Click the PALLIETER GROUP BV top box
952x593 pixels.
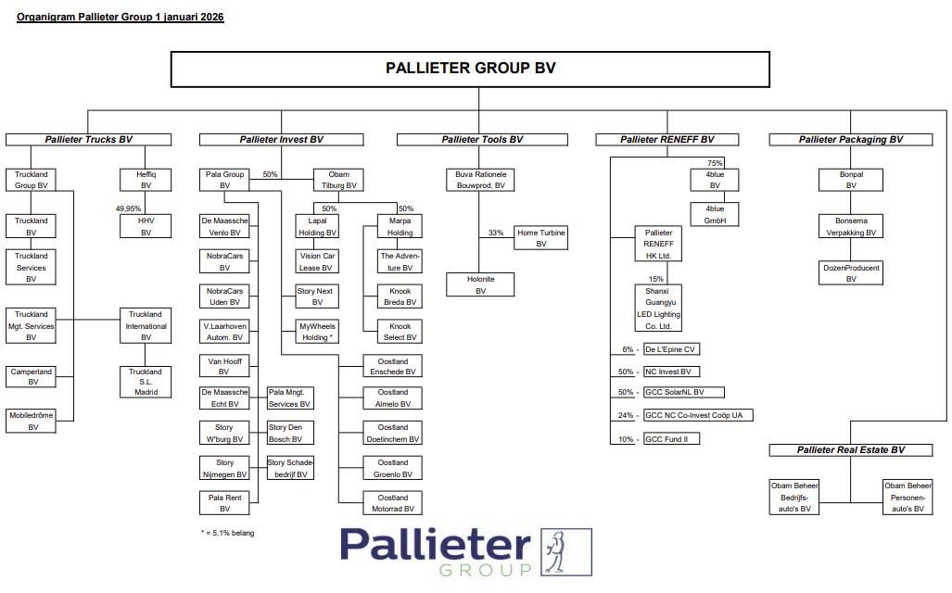(x=470, y=69)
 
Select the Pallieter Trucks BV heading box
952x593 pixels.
(x=89, y=140)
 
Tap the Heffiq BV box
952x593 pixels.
(x=146, y=180)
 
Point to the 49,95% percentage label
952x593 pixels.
(x=128, y=208)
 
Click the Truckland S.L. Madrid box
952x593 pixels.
(x=146, y=382)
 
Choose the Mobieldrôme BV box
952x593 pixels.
(x=32, y=422)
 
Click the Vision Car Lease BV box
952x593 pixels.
(x=317, y=262)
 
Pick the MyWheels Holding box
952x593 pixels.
(x=317, y=332)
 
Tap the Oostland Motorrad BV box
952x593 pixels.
(x=393, y=503)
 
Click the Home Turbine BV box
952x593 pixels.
(x=541, y=238)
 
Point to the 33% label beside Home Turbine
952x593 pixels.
(x=495, y=233)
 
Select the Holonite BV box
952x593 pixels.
(x=480, y=284)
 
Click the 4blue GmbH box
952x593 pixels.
(x=715, y=215)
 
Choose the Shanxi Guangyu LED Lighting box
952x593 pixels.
(x=658, y=308)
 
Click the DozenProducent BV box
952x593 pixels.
(x=851, y=273)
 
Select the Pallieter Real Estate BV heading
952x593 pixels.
(x=851, y=450)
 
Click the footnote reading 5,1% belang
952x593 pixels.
(x=227, y=533)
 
